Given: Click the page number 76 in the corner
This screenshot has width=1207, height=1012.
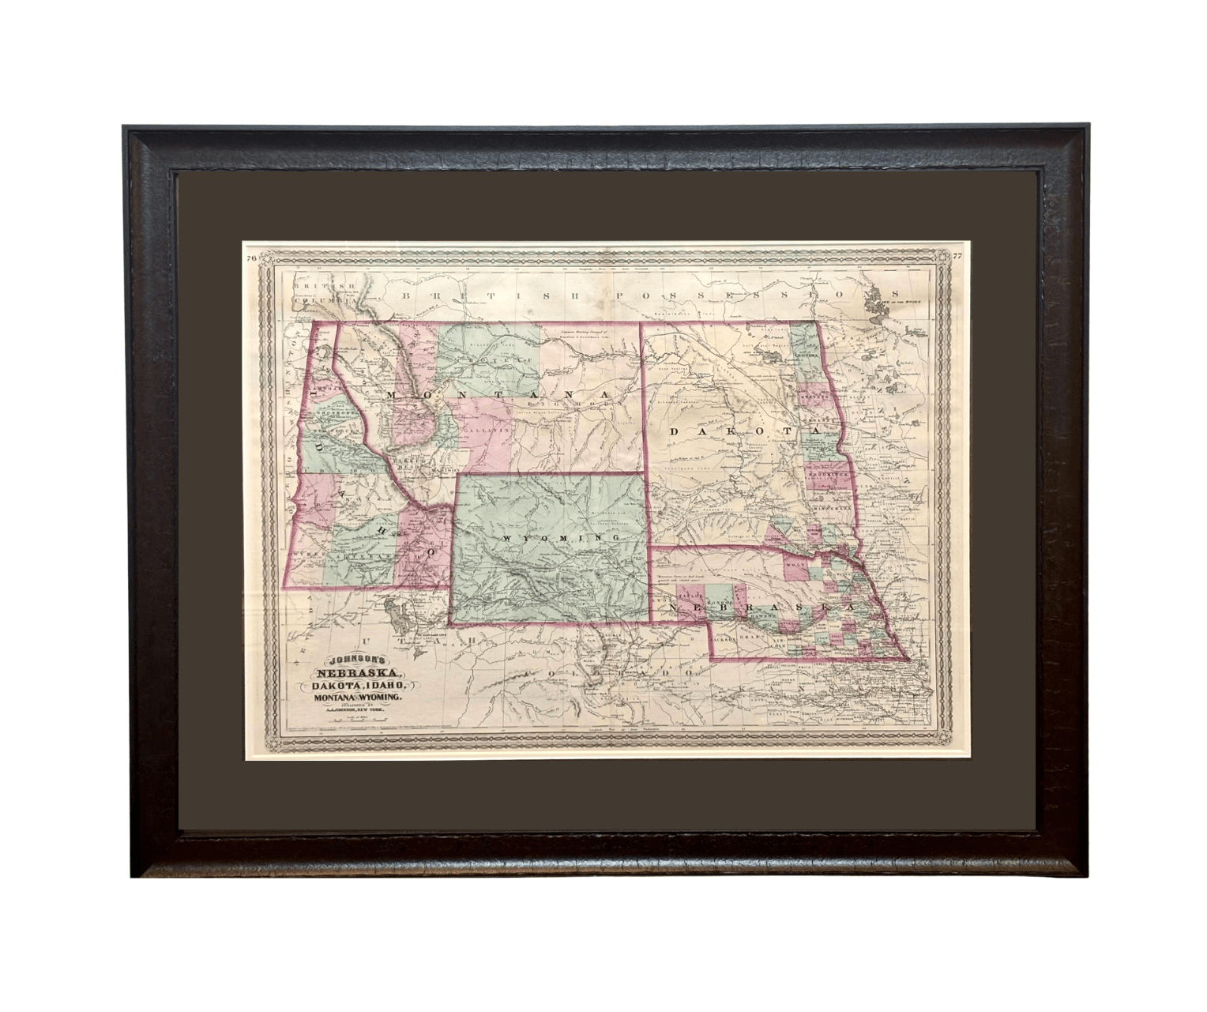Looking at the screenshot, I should pos(251,258).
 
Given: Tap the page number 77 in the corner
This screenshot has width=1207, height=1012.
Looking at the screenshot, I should pos(957,256).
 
